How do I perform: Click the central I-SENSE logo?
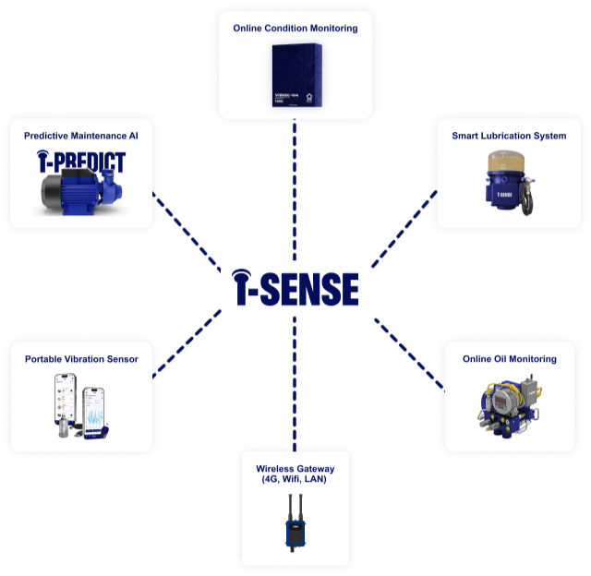(x=295, y=288)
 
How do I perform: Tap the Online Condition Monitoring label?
(x=295, y=29)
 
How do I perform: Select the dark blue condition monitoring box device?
(x=295, y=77)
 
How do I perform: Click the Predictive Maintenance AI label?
(x=81, y=136)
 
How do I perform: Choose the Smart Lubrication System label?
(x=509, y=136)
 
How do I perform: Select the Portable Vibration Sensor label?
(x=81, y=359)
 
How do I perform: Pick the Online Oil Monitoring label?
(x=509, y=359)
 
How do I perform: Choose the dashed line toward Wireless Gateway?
(x=295, y=388)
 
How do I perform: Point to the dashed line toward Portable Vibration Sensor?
(x=185, y=344)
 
